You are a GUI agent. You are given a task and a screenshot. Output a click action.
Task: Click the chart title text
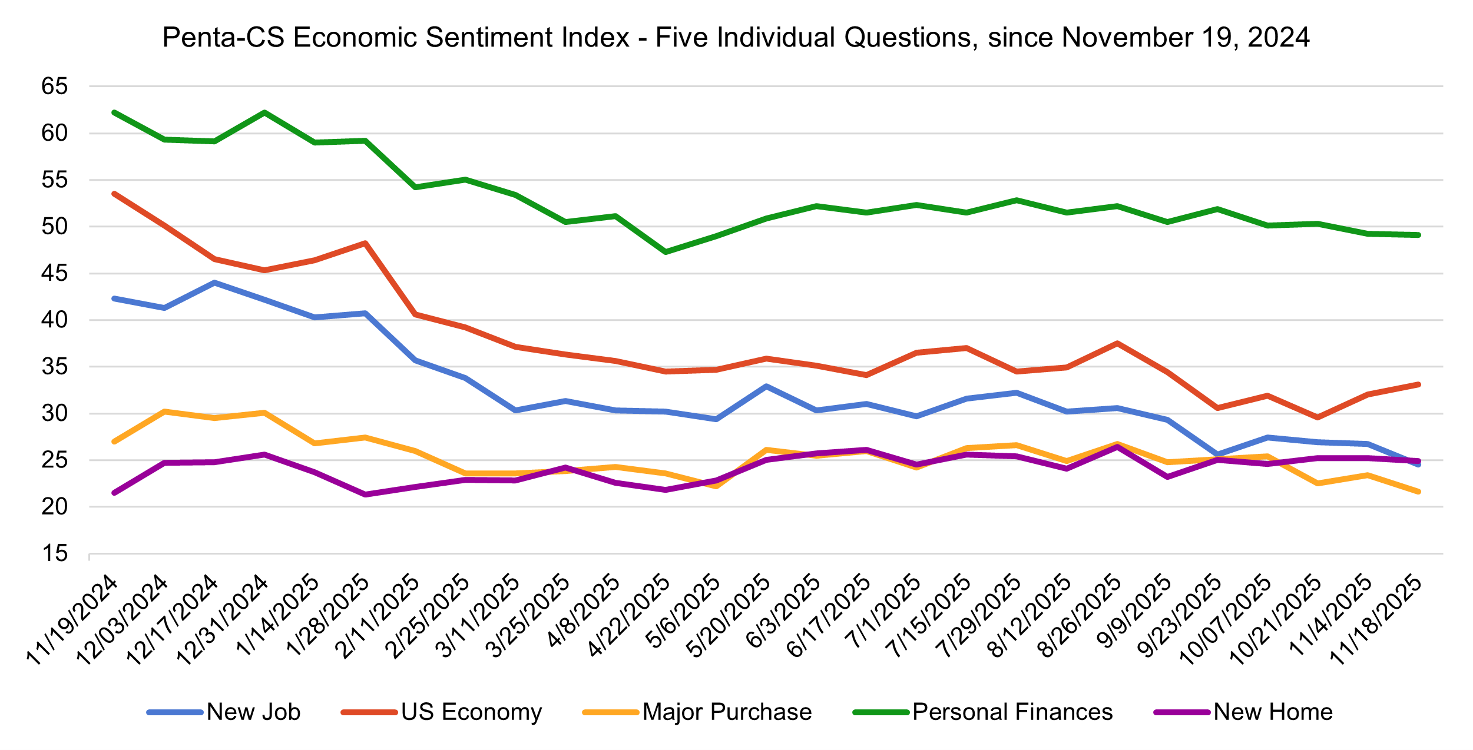point(736,38)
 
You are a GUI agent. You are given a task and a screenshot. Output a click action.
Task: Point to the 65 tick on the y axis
point(55,87)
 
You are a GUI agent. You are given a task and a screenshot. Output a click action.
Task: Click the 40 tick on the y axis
point(55,320)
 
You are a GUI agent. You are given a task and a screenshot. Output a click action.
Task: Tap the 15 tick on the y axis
point(55,553)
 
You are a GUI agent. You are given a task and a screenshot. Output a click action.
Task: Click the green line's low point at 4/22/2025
point(666,252)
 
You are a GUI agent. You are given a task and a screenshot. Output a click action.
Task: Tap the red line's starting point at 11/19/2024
point(114,194)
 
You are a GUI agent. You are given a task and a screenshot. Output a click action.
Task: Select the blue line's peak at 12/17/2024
point(214,283)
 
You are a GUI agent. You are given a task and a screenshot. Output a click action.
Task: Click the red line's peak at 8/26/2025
point(1117,343)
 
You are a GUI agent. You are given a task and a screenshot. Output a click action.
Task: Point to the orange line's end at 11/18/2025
point(1418,492)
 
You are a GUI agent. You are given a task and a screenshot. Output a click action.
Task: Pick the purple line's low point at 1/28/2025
point(365,495)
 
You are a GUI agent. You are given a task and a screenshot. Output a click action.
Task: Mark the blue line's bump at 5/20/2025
point(766,386)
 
